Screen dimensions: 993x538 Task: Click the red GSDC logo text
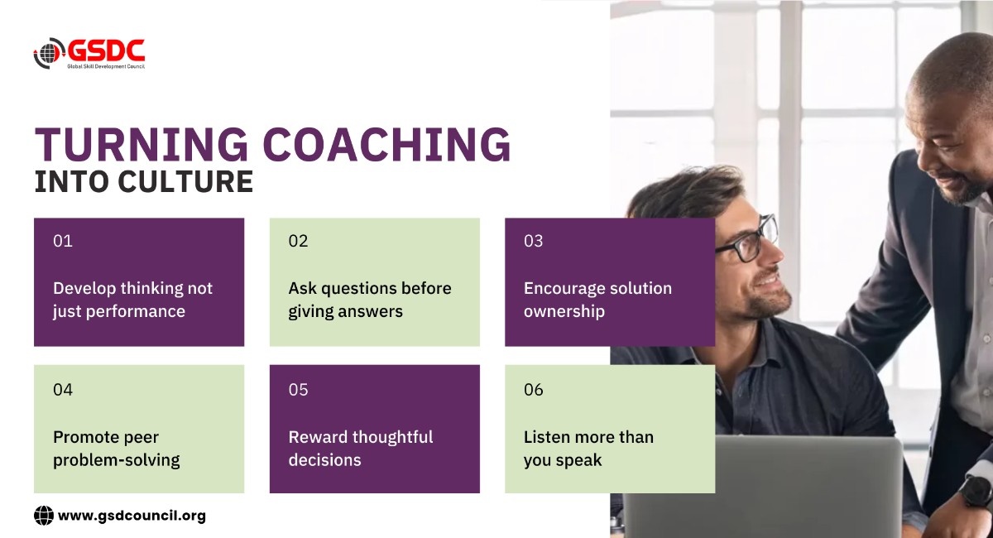tap(107, 50)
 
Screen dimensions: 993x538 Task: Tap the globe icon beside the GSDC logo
tap(49, 53)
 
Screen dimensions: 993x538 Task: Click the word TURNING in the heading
tap(142, 145)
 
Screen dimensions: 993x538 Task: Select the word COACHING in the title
tap(387, 145)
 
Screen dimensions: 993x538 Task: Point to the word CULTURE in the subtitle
tap(185, 182)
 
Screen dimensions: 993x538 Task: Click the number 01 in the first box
tap(63, 241)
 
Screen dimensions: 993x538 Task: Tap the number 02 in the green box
tap(298, 241)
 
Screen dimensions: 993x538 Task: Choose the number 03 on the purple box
tap(533, 241)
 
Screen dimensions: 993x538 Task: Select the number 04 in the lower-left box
tap(63, 389)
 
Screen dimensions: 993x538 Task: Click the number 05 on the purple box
tap(298, 389)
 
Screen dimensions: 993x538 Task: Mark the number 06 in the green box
tap(533, 389)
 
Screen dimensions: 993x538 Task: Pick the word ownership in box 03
tap(564, 312)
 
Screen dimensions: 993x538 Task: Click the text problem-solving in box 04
tap(117, 460)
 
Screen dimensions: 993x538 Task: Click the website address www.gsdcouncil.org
tap(132, 516)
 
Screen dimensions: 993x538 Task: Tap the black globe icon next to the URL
tap(44, 516)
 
